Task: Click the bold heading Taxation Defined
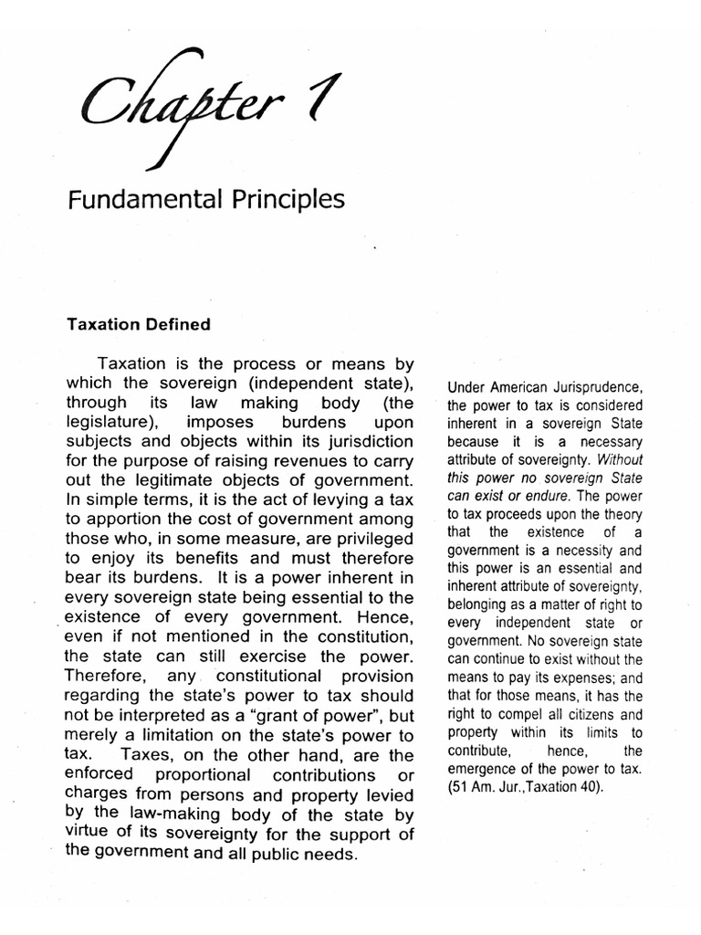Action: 138,324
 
